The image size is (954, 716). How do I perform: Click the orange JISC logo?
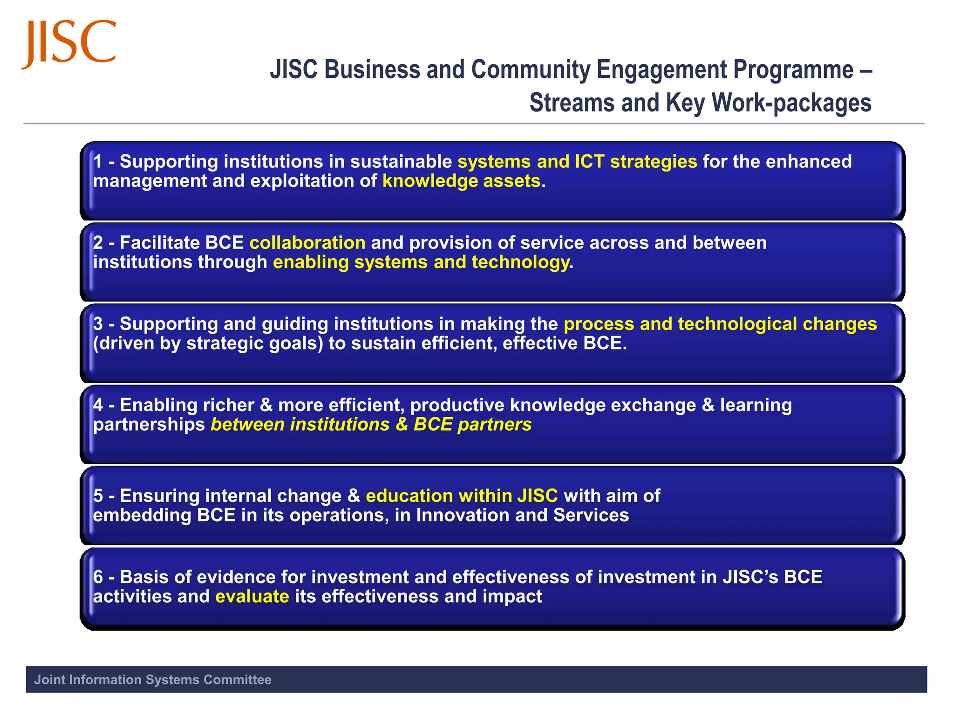(69, 43)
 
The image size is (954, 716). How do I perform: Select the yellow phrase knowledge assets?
(461, 181)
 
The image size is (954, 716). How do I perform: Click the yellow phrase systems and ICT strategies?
(577, 161)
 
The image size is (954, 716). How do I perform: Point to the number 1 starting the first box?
(98, 161)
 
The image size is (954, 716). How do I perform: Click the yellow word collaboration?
(307, 243)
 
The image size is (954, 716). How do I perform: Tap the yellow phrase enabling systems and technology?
(421, 262)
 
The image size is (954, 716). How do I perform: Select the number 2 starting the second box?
(98, 243)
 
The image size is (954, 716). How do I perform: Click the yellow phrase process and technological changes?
(720, 324)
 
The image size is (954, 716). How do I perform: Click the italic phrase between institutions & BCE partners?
(371, 425)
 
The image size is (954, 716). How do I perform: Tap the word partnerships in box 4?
(149, 425)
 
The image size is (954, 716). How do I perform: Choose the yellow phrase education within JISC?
(462, 496)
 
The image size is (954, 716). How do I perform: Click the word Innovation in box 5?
(463, 516)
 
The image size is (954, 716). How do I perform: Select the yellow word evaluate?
(252, 597)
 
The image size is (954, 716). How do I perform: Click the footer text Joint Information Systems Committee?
(153, 680)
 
